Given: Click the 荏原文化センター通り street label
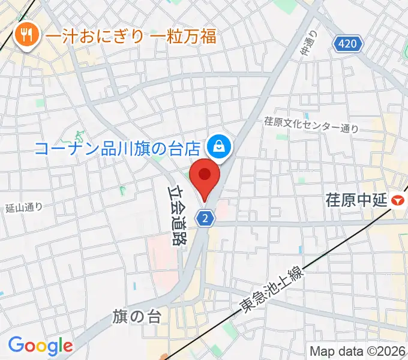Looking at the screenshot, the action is pyautogui.click(x=311, y=124).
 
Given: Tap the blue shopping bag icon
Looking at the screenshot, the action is pyautogui.click(x=218, y=146).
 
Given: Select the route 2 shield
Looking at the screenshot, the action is pyautogui.click(x=205, y=218).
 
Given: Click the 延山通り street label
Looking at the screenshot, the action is pyautogui.click(x=24, y=208).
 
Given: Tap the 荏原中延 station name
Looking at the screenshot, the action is pyautogui.click(x=355, y=199).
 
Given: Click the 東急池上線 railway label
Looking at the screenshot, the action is pyautogui.click(x=274, y=290).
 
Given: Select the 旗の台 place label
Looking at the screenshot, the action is pyautogui.click(x=137, y=317).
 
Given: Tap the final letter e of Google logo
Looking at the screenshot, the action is pyautogui.click(x=67, y=347).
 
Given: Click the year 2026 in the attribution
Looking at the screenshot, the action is pyautogui.click(x=389, y=351).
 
